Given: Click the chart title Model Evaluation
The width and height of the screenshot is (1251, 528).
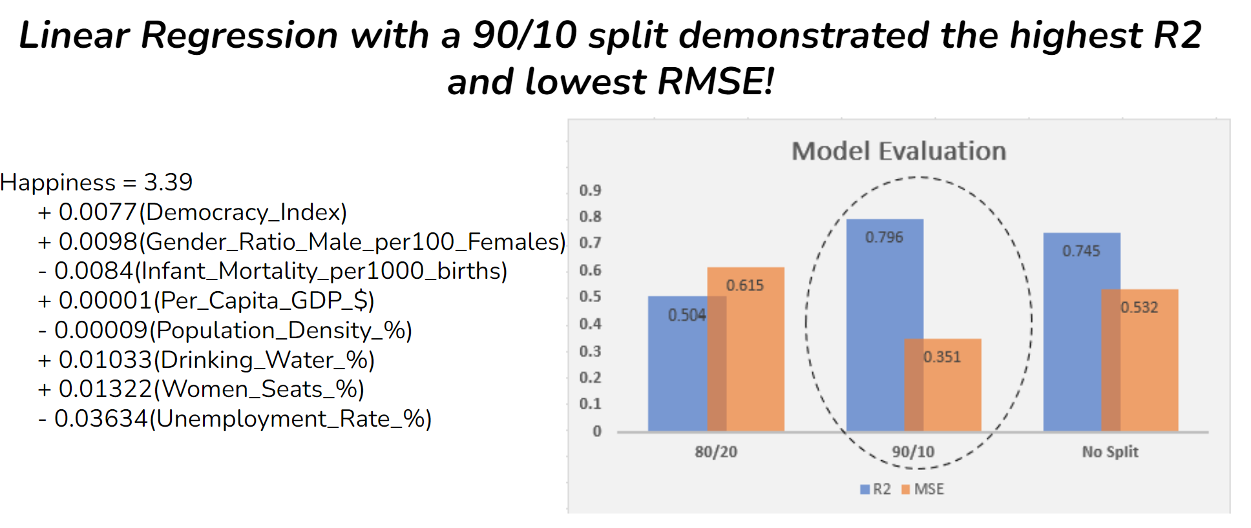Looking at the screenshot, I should [899, 151].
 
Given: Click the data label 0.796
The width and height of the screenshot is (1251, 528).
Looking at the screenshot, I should [884, 238].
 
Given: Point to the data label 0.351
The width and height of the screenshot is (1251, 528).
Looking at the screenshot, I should [942, 357].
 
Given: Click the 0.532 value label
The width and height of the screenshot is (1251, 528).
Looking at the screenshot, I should [1139, 307].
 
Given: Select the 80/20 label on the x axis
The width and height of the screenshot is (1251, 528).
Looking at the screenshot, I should [716, 452].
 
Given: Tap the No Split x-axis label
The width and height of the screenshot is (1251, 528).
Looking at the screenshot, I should [1110, 452].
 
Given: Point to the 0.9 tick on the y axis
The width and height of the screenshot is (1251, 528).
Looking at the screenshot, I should [590, 190].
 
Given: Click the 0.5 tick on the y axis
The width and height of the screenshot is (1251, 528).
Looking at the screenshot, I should [590, 297].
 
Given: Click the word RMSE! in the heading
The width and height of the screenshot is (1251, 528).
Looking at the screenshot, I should [715, 82].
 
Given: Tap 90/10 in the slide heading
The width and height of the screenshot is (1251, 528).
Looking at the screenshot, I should [525, 35].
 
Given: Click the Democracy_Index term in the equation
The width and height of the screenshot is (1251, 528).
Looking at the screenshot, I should [243, 212].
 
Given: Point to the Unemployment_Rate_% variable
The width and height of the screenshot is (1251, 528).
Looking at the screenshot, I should [291, 419].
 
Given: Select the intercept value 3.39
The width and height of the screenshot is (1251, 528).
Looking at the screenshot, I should [168, 183].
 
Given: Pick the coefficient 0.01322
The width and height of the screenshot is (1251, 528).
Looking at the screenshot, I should [106, 389].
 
